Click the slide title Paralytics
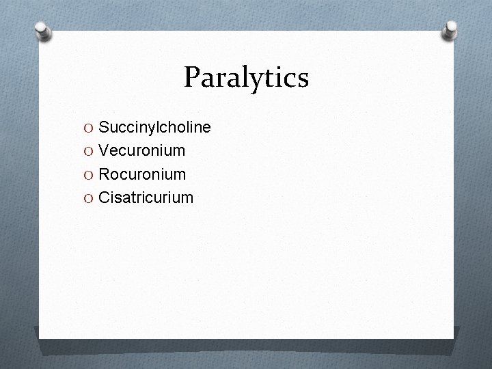pyautogui.click(x=246, y=77)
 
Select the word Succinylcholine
pyautogui.click(x=154, y=128)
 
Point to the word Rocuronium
pyautogui.click(x=142, y=174)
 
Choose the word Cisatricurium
pyautogui.click(x=146, y=197)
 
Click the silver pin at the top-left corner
pyautogui.click(x=44, y=30)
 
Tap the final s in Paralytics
pyautogui.click(x=303, y=80)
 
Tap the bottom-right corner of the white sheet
pyautogui.click(x=452, y=337)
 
